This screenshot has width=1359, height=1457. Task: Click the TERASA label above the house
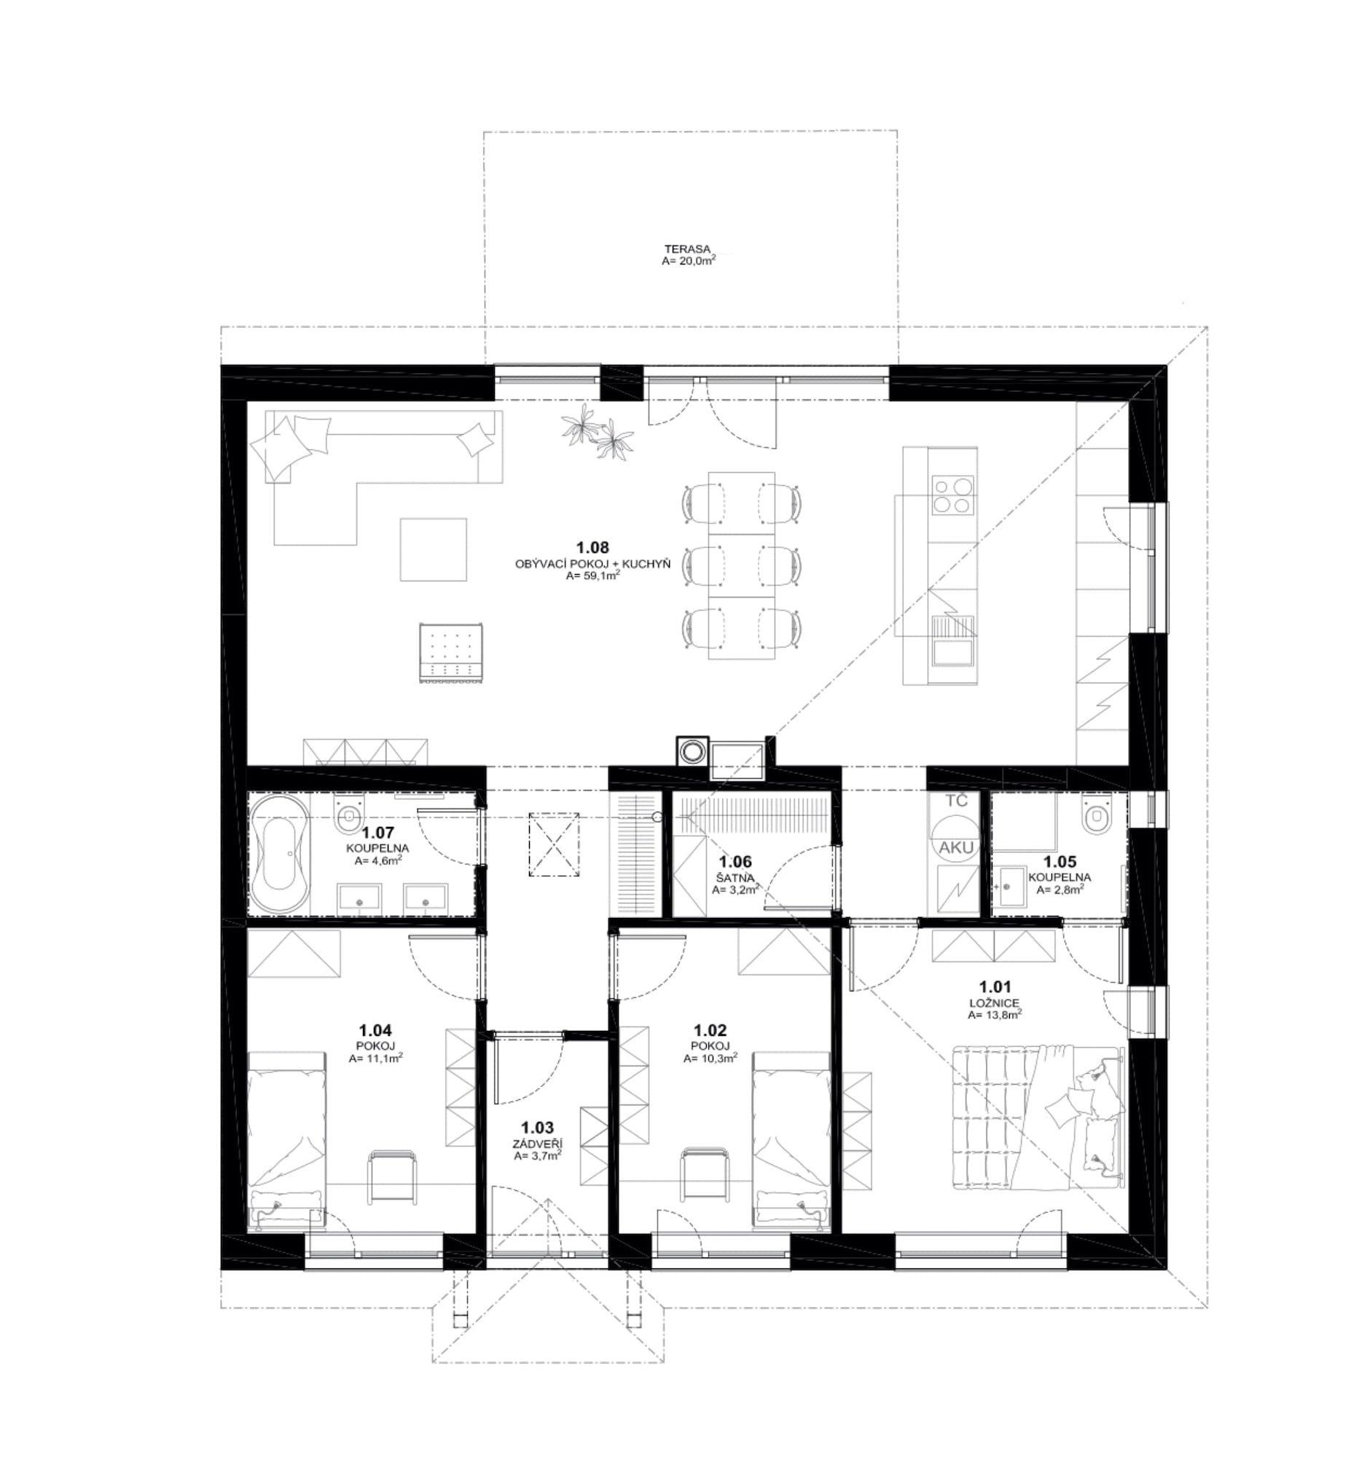pos(686,249)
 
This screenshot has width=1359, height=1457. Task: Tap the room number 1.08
pos(592,547)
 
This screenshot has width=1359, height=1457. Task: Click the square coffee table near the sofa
pos(434,549)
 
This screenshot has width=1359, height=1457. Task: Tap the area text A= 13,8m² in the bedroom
pos(995,1014)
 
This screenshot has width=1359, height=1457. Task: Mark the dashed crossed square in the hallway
pos(553,844)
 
